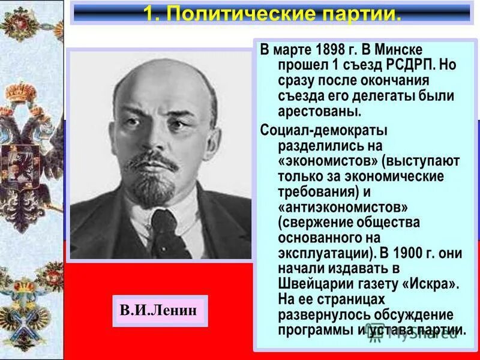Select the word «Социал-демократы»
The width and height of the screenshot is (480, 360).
pyautogui.click(x=324, y=130)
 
